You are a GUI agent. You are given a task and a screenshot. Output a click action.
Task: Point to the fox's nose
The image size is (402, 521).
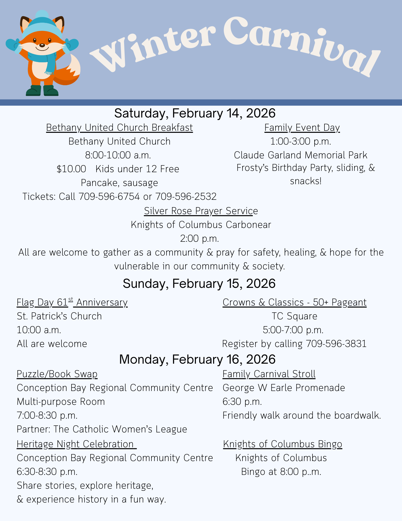tap(42, 45)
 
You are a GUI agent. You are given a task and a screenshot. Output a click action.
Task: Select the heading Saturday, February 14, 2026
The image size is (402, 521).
tap(195, 113)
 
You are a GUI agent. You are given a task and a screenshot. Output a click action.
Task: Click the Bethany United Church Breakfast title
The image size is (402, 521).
tap(119, 128)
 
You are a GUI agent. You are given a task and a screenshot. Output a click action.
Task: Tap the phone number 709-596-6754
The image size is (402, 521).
tap(109, 196)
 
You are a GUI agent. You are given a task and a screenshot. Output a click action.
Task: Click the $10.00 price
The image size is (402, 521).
tap(71, 169)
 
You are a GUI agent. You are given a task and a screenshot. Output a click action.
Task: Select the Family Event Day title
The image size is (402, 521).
tap(302, 128)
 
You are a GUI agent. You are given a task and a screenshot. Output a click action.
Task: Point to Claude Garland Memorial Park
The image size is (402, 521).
tap(301, 155)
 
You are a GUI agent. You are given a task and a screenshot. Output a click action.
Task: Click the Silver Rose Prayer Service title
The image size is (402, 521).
tap(201, 211)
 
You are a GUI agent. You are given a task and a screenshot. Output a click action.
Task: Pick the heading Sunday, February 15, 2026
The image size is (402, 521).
tap(199, 284)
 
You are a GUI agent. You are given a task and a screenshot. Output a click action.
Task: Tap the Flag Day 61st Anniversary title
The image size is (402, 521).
tap(72, 302)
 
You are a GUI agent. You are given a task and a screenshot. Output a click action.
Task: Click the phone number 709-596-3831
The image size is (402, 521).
tap(336, 344)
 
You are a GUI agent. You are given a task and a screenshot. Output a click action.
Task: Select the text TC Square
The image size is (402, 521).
tap(295, 316)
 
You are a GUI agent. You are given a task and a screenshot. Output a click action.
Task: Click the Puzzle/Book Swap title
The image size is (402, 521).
tap(57, 374)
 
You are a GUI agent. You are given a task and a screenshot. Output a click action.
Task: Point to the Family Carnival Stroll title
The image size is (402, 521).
tap(269, 374)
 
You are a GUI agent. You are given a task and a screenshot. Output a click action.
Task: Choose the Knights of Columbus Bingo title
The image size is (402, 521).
tap(283, 444)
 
